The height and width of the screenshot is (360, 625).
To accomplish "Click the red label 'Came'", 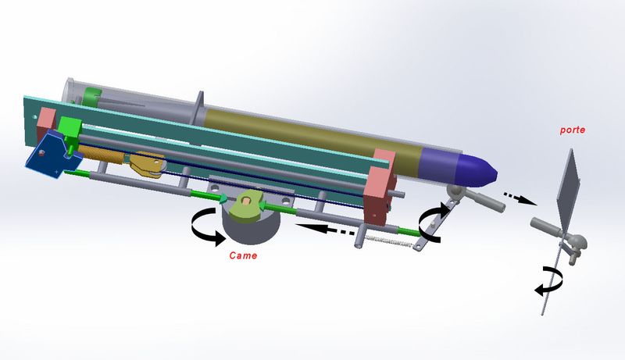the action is tap(243, 255).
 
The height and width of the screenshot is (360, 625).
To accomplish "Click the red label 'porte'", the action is tap(573, 130).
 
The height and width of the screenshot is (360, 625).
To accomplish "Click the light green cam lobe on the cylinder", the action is tap(248, 204).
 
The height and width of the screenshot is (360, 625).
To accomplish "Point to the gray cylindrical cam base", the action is tap(252, 226).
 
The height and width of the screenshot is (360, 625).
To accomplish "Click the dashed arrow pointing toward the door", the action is tap(520, 198).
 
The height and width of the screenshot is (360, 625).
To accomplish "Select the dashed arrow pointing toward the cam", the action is tap(324, 229).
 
